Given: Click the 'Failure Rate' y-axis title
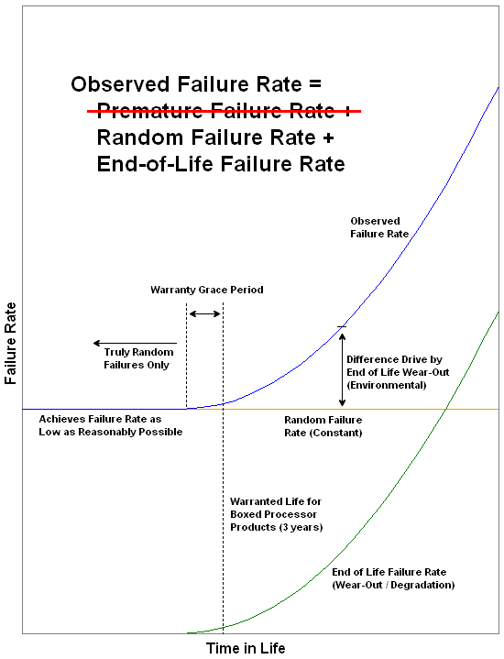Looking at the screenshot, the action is [10, 344].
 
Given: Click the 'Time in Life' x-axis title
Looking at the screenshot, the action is [246, 648].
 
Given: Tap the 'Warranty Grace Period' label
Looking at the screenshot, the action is [207, 290].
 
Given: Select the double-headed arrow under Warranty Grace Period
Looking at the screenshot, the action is [204, 313].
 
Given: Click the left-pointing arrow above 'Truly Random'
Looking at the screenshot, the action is [135, 344].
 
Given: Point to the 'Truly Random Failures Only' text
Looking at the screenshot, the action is [138, 358].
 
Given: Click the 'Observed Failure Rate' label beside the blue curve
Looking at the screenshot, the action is [379, 227].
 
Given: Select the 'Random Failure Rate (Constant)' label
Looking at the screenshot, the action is [323, 426].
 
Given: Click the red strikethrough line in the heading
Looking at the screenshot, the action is [224, 111].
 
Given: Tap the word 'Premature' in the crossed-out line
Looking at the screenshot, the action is [150, 110].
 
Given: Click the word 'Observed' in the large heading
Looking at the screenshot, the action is [121, 83].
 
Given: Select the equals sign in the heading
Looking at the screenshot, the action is [315, 83].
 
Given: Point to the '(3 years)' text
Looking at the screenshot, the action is [301, 527].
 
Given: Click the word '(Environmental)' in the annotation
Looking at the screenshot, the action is [387, 385].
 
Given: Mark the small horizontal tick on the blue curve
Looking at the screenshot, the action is [342, 326].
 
